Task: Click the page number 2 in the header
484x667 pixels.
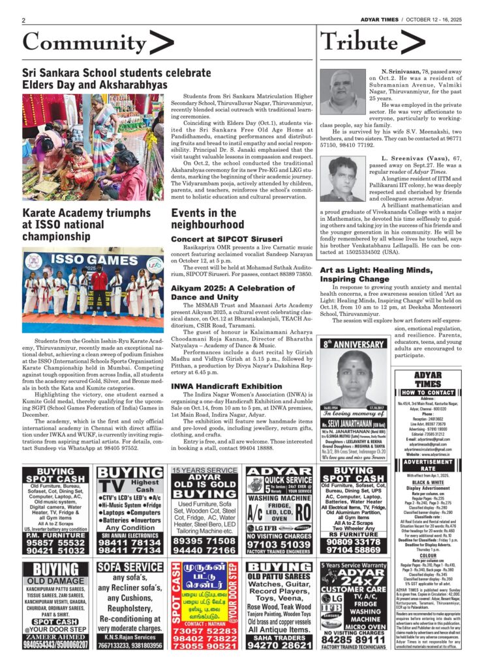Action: [23, 20]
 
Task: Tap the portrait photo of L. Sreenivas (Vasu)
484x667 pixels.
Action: [342, 179]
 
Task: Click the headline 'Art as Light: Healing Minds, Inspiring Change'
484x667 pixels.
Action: [375, 274]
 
